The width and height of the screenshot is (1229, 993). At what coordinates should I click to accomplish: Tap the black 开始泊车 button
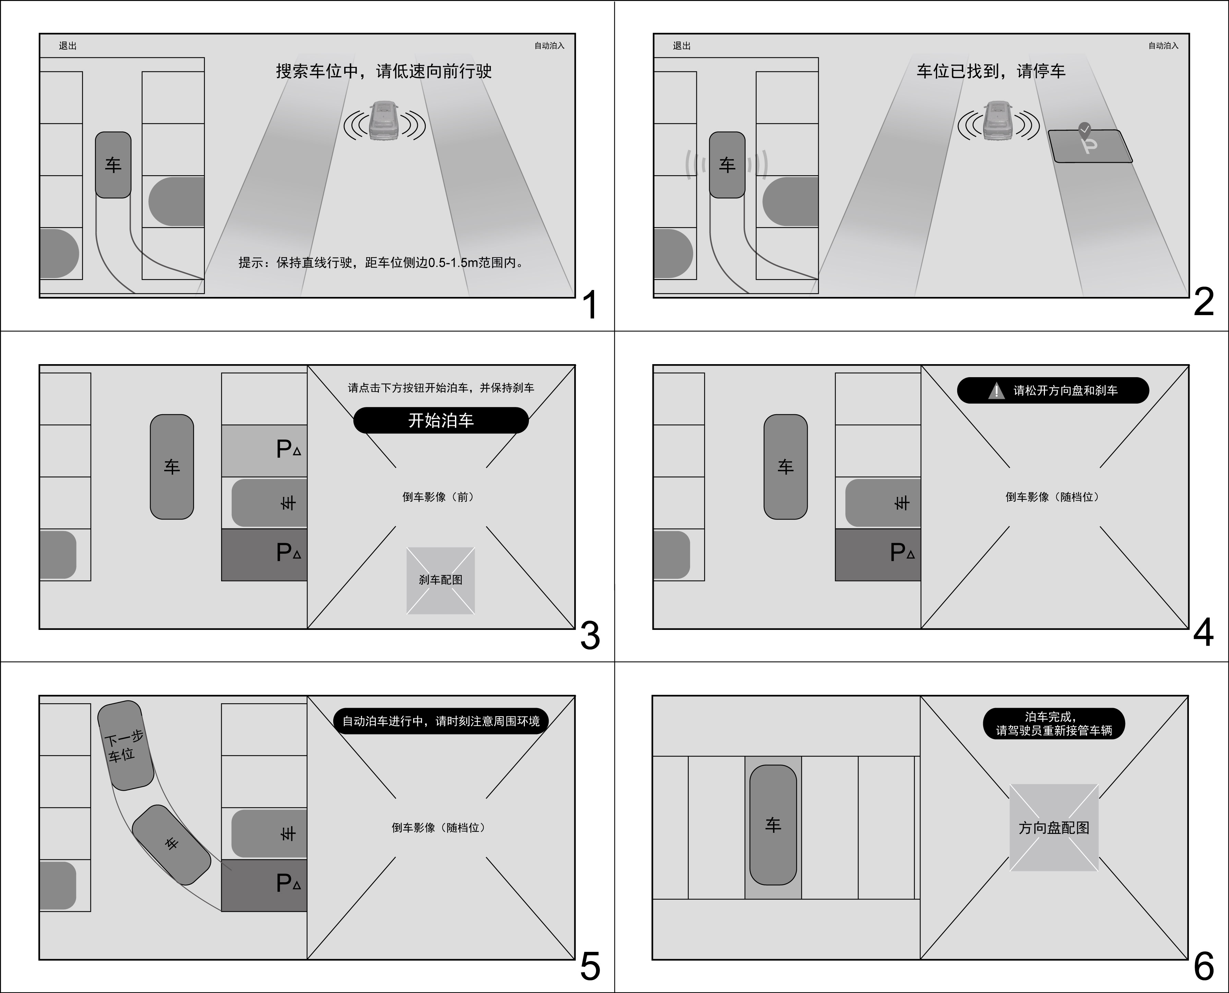(x=441, y=420)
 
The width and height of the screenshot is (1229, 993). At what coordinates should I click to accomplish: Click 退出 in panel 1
(x=68, y=46)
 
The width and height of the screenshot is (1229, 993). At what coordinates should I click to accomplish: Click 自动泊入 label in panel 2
(x=1163, y=46)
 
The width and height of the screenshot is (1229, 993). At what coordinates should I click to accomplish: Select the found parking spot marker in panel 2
(x=1089, y=146)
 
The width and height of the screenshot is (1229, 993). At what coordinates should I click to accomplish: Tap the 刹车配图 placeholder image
(x=441, y=581)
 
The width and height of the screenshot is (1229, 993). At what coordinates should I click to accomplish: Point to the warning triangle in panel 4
(x=996, y=391)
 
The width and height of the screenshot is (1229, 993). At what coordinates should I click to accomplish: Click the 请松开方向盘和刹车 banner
(x=1053, y=391)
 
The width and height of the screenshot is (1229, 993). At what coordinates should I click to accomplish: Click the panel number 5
(x=590, y=966)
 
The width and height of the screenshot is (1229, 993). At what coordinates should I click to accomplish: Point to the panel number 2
(x=1203, y=302)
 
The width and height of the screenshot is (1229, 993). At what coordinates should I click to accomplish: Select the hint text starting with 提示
(x=382, y=263)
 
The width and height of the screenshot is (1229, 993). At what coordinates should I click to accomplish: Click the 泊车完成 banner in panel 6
(x=1053, y=723)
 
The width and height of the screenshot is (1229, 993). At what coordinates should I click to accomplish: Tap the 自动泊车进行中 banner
(x=441, y=721)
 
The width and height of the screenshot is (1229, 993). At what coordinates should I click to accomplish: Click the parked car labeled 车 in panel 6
(x=773, y=825)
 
